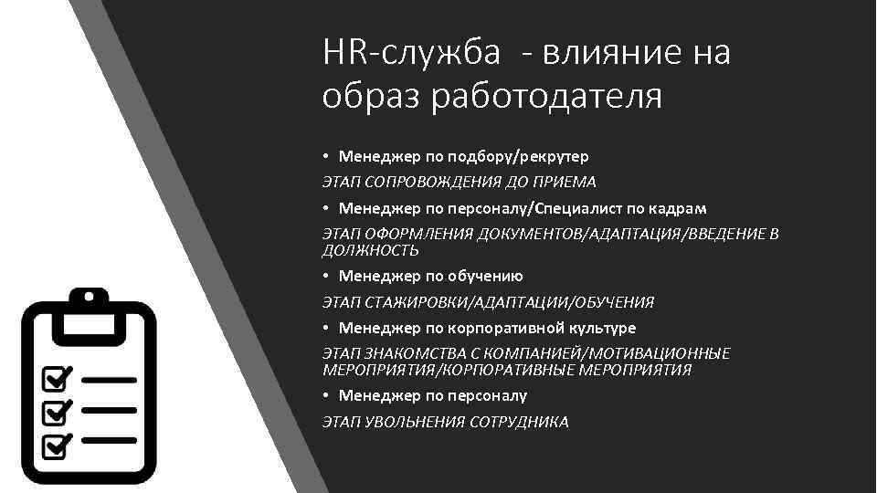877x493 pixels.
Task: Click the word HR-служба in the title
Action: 411,54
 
